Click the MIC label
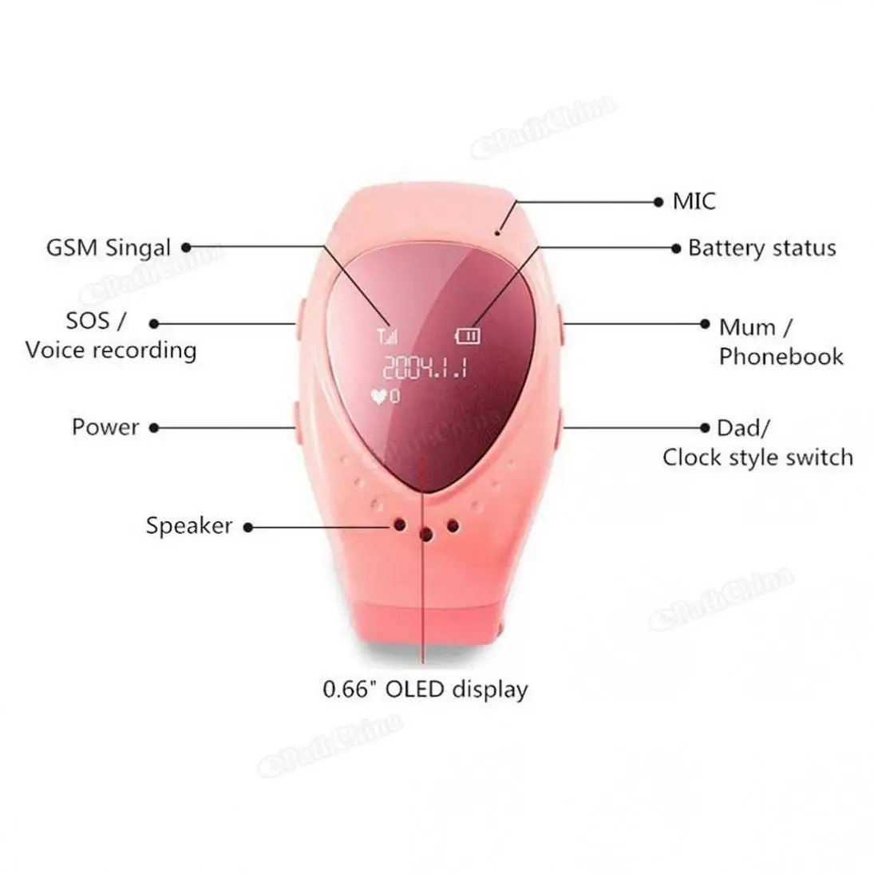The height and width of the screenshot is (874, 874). (x=694, y=202)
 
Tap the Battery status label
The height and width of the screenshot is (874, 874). (x=762, y=248)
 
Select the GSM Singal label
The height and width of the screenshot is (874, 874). (x=108, y=248)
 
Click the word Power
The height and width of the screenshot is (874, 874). (x=105, y=428)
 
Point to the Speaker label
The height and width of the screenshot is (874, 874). (x=189, y=526)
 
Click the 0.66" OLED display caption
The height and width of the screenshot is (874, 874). (x=425, y=690)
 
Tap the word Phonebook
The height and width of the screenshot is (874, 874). (x=781, y=357)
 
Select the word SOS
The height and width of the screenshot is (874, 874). (x=88, y=321)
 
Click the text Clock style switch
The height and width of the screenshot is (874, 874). (x=757, y=457)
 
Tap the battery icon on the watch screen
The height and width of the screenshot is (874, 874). (x=468, y=335)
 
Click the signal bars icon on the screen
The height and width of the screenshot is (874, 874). (x=387, y=336)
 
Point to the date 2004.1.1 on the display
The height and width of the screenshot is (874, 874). (x=425, y=367)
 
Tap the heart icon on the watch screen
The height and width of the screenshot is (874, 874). (x=379, y=397)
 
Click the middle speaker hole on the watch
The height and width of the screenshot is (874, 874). (x=426, y=535)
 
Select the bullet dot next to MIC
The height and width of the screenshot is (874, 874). (x=658, y=202)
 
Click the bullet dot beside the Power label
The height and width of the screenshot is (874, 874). (x=154, y=428)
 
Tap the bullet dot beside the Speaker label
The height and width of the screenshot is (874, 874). (x=248, y=528)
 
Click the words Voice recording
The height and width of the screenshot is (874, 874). (x=111, y=350)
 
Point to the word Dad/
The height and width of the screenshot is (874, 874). (x=744, y=428)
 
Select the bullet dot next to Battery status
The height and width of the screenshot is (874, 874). (x=676, y=248)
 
